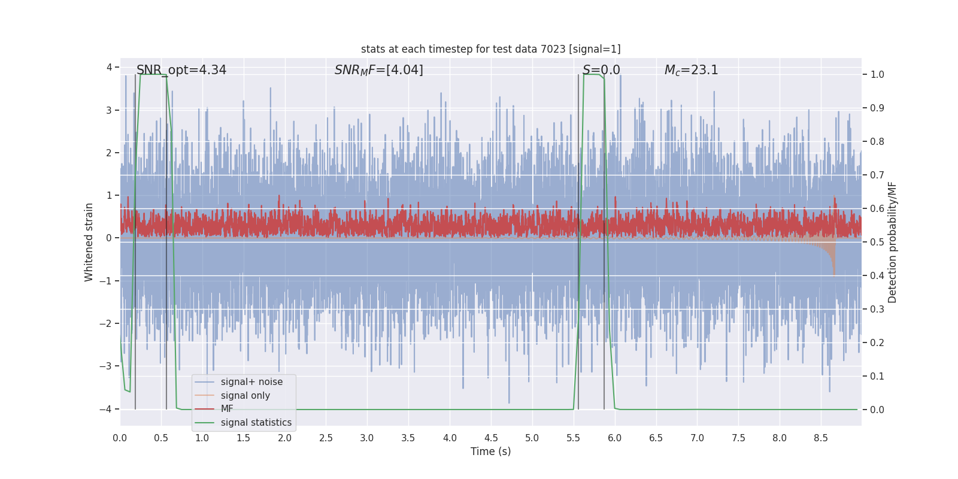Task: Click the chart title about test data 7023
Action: (490, 49)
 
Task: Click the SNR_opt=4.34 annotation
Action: (181, 70)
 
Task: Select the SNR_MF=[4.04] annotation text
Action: (378, 70)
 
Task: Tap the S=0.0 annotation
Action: (601, 70)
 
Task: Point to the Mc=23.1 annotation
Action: (691, 70)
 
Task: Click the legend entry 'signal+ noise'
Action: (251, 382)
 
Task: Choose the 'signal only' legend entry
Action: (245, 396)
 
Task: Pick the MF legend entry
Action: (227, 409)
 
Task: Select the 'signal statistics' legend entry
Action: (256, 423)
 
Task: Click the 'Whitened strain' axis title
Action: (89, 242)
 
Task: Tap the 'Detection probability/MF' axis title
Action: (892, 242)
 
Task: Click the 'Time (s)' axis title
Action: (490, 451)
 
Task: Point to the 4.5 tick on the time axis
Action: (491, 438)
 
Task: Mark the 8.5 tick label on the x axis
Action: (820, 438)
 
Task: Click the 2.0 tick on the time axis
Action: (284, 438)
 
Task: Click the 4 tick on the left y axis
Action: (110, 67)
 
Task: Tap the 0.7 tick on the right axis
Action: (877, 175)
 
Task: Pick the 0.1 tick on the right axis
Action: (877, 377)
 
